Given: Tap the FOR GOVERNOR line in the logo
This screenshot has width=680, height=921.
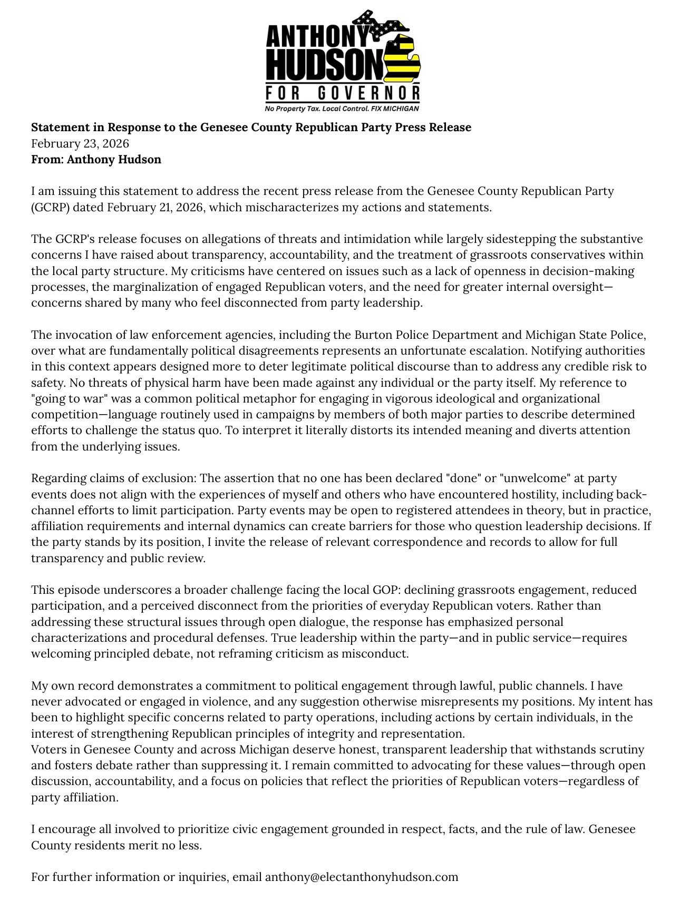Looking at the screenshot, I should pos(343,94).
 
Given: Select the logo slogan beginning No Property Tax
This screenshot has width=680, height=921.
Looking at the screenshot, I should pos(342,109).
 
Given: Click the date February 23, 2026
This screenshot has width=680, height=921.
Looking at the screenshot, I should pos(80,143).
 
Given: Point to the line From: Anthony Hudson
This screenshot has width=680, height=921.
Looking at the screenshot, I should pos(96,159).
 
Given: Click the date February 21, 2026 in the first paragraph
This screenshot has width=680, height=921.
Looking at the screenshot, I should pos(156,207).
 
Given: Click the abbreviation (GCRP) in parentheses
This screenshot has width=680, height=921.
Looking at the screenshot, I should pos(50,207).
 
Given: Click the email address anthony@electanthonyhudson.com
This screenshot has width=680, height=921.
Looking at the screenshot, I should pos(361,877).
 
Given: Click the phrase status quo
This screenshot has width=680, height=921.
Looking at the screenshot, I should pos(197,430).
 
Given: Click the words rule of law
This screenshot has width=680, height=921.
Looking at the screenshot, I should pos(553,829).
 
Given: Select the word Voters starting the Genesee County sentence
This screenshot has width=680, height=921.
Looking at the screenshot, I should pos(48,749).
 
